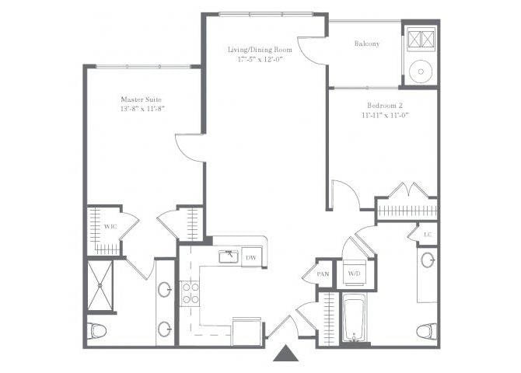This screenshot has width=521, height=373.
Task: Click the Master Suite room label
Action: pyautogui.click(x=140, y=99)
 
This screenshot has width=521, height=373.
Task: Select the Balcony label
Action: pyautogui.click(x=366, y=44)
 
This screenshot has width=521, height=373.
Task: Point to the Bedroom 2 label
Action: pyautogui.click(x=384, y=104)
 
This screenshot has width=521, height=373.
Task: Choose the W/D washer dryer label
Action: pyautogui.click(x=354, y=273)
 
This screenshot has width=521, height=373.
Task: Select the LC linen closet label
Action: pyautogui.click(x=427, y=233)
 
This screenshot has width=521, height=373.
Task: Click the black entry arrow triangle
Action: pyautogui.click(x=286, y=354)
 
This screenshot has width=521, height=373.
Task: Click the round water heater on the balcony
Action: pyautogui.click(x=420, y=72)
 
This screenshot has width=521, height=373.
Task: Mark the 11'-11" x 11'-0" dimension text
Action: pyautogui.click(x=384, y=114)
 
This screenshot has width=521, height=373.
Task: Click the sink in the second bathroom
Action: pyautogui.click(x=428, y=260)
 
